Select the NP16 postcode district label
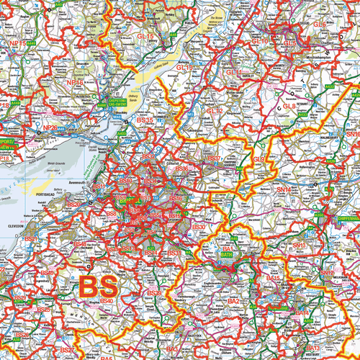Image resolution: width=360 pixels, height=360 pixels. [74, 84]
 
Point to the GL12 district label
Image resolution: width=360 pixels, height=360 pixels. [184, 67]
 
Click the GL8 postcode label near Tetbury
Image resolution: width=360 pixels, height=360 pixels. [289, 107]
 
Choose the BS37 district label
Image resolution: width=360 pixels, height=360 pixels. [214, 158]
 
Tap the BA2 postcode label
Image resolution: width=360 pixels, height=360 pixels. [233, 300]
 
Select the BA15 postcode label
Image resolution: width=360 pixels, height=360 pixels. [273, 277]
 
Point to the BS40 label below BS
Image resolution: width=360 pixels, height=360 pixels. [106, 300]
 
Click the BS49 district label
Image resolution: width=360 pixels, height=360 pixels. [48, 273]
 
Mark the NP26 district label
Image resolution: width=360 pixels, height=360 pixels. [50, 127]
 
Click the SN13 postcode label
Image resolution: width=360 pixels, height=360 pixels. [300, 246]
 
